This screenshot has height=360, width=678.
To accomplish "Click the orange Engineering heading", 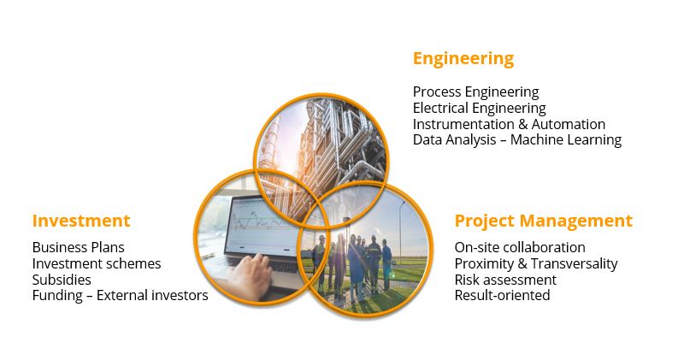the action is (x=463, y=59).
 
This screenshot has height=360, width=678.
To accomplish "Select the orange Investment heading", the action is (x=81, y=221).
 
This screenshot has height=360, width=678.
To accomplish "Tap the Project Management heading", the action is (x=544, y=221).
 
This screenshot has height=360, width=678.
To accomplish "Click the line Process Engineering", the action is (x=475, y=92).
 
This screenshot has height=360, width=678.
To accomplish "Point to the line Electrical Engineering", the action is (x=479, y=109).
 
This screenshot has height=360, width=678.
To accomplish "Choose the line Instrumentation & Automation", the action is (x=509, y=124).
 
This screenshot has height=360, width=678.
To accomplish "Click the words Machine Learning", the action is (x=566, y=139).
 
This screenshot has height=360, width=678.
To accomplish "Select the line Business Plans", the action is (x=79, y=247).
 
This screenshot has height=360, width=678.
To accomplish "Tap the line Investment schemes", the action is (x=97, y=263).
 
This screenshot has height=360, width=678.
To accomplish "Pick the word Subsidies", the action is (x=62, y=280).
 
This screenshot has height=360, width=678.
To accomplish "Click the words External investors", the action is (x=152, y=296).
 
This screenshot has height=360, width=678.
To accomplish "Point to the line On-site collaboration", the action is (x=520, y=247).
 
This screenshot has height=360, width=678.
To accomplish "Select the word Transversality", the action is (x=575, y=264).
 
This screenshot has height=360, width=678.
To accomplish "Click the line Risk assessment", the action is (x=505, y=280).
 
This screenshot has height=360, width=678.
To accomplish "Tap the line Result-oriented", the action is (x=502, y=296).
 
